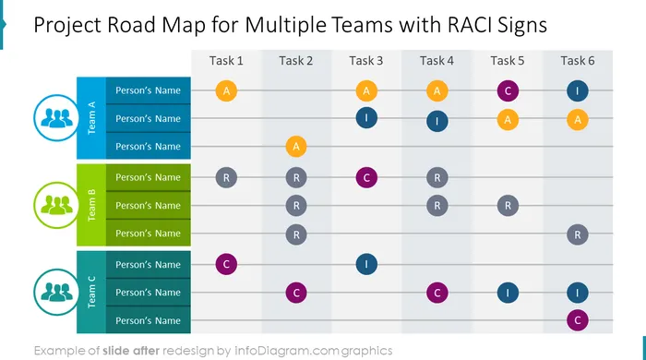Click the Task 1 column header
click(x=226, y=61)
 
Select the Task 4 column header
click(x=437, y=61)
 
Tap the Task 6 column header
click(x=578, y=61)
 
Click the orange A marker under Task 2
click(x=296, y=146)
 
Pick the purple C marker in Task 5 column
click(x=508, y=90)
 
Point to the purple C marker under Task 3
click(x=366, y=177)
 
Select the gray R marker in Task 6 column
click(x=578, y=234)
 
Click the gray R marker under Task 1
click(x=226, y=177)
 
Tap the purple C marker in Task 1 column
click(x=226, y=264)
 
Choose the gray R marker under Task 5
click(x=508, y=206)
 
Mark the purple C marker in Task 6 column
click(x=578, y=320)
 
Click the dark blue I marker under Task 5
click(x=508, y=293)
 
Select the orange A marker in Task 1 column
click(x=226, y=90)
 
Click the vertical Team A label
click(x=91, y=118)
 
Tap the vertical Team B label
click(x=91, y=205)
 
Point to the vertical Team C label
click(x=91, y=292)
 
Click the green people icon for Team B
click(x=56, y=205)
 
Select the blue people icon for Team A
click(x=56, y=118)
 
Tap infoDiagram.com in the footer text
click(x=286, y=351)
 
